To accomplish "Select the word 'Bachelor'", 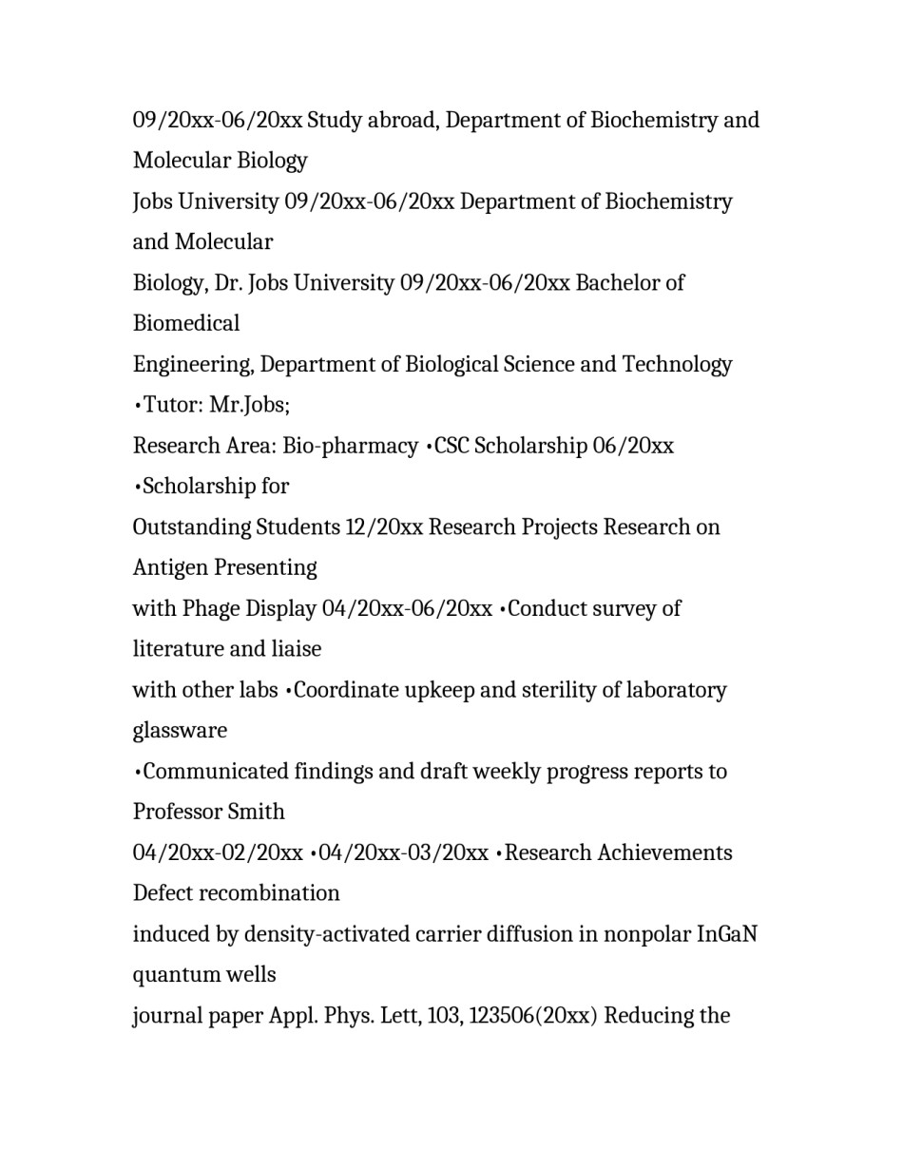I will point(617,283).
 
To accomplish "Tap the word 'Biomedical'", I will point(186,324).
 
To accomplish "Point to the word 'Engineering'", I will point(193,365).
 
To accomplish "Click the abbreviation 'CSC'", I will point(451,447).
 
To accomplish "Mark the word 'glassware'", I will point(180,731).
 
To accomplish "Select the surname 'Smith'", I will point(260,813).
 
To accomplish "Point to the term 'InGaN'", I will point(727,934).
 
